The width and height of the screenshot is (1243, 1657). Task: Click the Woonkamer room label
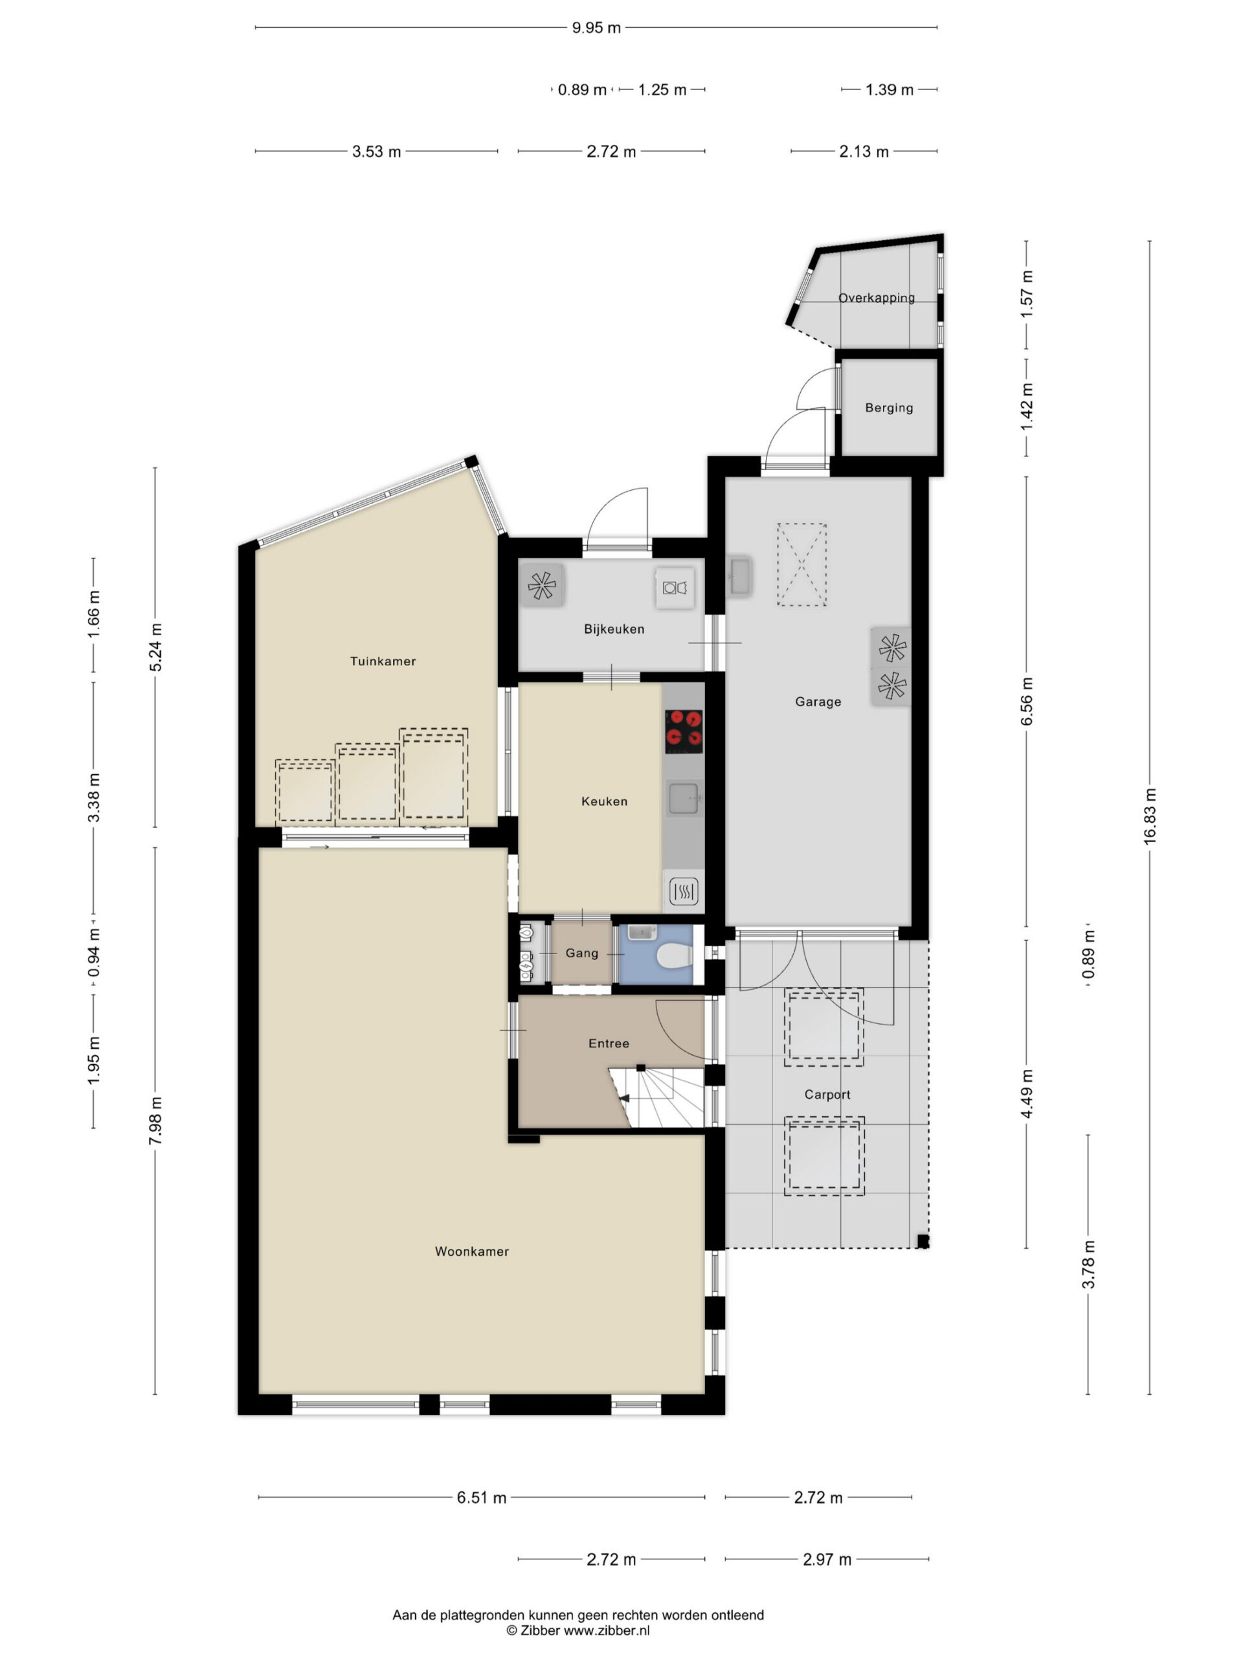point(471,1251)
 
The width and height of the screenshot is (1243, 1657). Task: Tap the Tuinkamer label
point(383,661)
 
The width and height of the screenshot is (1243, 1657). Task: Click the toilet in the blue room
point(672,956)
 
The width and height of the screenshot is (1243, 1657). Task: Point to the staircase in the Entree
point(656,1096)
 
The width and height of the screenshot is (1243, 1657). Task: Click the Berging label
point(889,408)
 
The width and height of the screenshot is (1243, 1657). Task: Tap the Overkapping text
point(876,297)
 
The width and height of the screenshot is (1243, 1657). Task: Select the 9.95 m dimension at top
point(596,28)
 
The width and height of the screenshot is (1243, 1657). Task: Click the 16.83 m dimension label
point(1150,816)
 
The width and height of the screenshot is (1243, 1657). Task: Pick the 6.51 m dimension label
point(482,1497)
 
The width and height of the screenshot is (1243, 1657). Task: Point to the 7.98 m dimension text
point(155,1120)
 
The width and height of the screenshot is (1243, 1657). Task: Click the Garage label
point(818,702)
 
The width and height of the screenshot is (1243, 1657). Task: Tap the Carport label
point(827,1095)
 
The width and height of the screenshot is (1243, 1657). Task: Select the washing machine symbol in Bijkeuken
point(675,587)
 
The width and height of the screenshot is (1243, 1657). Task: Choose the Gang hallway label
point(582,953)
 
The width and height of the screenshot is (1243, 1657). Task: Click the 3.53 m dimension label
point(376,151)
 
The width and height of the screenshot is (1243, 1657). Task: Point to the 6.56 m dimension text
point(1027,701)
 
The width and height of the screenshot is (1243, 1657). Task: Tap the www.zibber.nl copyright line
point(577,1630)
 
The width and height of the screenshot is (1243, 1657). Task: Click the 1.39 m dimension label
point(890,90)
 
